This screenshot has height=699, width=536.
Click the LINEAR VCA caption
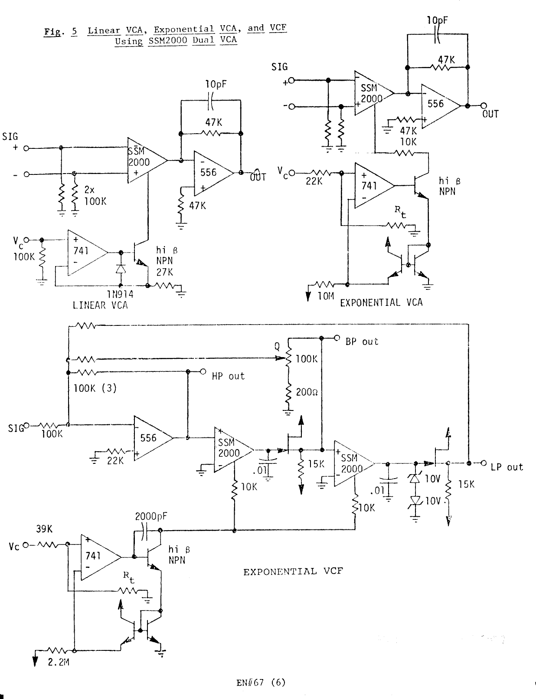100,305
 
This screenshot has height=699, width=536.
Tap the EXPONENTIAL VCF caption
293,571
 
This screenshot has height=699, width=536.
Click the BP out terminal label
362,341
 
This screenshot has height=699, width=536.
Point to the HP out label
228,376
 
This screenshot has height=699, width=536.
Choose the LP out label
507,467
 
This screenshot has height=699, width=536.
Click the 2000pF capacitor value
151,516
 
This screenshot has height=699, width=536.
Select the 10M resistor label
326,295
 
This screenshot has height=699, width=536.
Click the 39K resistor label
44,529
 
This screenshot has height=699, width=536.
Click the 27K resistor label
165,272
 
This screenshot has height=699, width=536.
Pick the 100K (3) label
95,388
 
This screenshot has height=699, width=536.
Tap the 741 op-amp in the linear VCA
81,251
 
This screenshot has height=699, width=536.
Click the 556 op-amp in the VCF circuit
148,438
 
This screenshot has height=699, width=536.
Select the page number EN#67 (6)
261,683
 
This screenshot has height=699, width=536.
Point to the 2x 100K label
95,196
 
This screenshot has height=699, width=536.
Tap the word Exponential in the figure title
184,30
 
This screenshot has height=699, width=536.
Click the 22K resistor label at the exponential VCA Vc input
314,181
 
